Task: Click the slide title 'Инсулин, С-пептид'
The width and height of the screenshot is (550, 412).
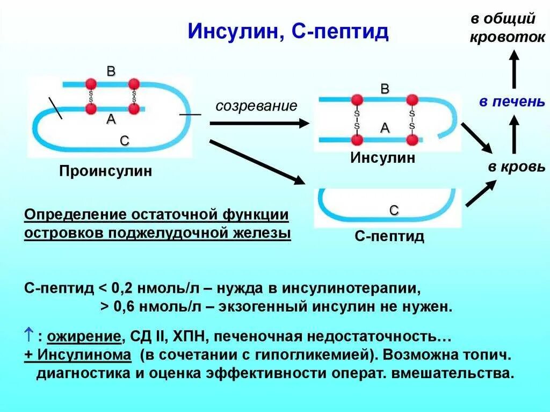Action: pyautogui.click(x=288, y=32)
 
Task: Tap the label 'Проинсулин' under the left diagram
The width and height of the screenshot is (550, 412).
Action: pyautogui.click(x=106, y=171)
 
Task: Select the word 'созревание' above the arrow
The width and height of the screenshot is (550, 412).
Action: pyautogui.click(x=256, y=105)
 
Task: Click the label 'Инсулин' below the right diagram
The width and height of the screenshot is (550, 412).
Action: pyautogui.click(x=383, y=158)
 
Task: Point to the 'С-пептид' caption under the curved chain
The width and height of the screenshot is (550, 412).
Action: pyautogui.click(x=389, y=236)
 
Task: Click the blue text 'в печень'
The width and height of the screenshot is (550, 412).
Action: pyautogui.click(x=512, y=102)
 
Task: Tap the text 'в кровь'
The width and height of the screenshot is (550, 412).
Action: pyautogui.click(x=516, y=167)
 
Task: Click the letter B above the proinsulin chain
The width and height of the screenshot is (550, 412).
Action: pyautogui.click(x=111, y=71)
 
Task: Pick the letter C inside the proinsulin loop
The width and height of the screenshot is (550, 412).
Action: pyautogui.click(x=124, y=141)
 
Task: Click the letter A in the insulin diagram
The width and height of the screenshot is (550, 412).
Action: pyautogui.click(x=385, y=128)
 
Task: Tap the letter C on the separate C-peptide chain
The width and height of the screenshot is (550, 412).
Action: pyautogui.click(x=394, y=211)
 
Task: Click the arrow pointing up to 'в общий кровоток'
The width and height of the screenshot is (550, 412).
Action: pyautogui.click(x=514, y=68)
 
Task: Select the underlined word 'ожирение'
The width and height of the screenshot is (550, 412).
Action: pyautogui.click(x=83, y=337)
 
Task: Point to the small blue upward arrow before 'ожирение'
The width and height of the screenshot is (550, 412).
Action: pyautogui.click(x=29, y=336)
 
